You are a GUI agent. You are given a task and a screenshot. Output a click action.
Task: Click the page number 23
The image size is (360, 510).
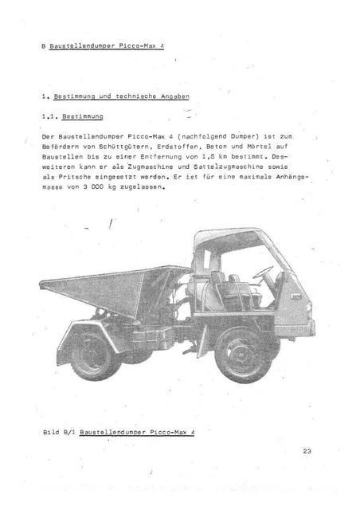click(x=308, y=452)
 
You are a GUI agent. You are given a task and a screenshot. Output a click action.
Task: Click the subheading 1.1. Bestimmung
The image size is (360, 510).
click(x=70, y=116)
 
